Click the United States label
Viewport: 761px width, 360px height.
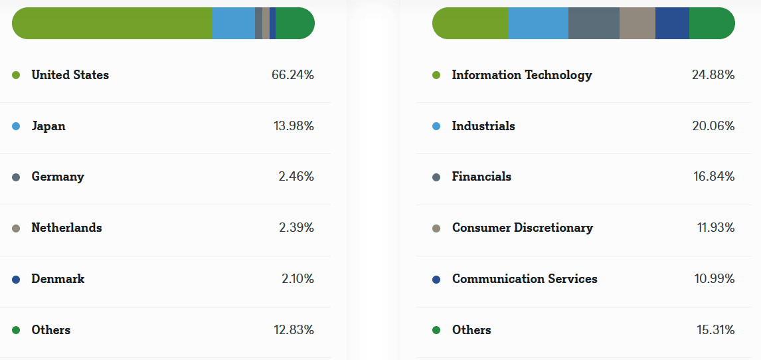(x=70, y=75)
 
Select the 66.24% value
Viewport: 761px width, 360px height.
(x=292, y=75)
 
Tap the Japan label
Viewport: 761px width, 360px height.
(x=48, y=126)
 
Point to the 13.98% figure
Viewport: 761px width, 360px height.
(x=294, y=126)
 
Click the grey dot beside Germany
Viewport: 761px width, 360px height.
(x=16, y=177)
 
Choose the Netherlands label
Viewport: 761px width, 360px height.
(x=66, y=228)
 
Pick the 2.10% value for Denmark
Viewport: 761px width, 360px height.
(x=297, y=279)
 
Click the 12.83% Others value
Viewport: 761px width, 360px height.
(x=293, y=330)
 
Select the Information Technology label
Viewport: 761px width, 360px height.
(x=522, y=75)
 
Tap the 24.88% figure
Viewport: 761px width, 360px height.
(x=713, y=75)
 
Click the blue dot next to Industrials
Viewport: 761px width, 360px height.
(x=436, y=126)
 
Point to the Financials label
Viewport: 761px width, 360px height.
(x=481, y=177)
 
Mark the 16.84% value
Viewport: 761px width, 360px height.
(x=713, y=177)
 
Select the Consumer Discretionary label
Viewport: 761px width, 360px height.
(x=523, y=228)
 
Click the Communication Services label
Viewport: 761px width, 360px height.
(x=525, y=279)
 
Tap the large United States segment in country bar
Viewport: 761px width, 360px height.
(x=113, y=23)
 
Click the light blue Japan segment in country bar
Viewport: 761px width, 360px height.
(x=233, y=23)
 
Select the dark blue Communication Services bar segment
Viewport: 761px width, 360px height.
(x=672, y=23)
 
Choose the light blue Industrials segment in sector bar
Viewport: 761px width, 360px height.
(x=538, y=23)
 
